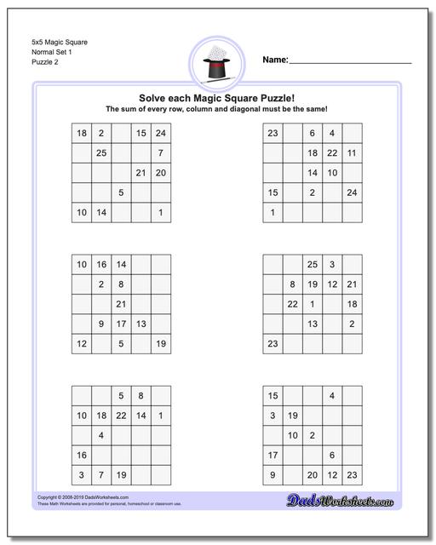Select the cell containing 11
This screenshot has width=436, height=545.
coord(352,153)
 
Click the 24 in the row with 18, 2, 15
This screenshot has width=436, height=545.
coord(161,134)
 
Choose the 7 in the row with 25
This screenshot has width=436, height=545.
coord(161,153)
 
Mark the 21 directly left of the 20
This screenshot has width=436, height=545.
coord(141,173)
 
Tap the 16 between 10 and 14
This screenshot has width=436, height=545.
coord(101,265)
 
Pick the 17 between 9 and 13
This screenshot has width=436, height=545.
coord(121,324)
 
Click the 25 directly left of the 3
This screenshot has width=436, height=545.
coord(312,265)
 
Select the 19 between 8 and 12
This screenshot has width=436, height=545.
coord(312,284)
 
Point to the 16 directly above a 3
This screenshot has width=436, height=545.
coord(82,455)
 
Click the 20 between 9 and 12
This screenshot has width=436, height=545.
coord(312,475)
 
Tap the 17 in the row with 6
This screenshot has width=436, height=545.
coord(272,455)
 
